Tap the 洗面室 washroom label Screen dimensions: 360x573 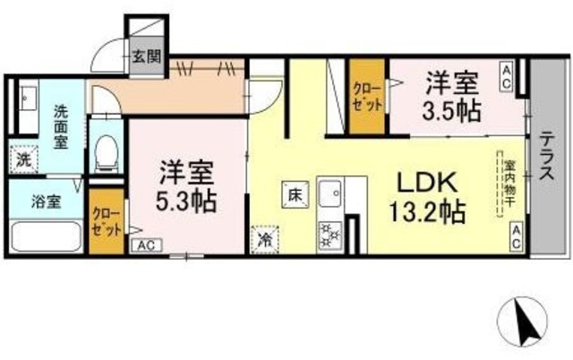point(61,125)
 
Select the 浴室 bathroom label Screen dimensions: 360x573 point(47,201)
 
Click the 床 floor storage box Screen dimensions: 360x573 point(293,192)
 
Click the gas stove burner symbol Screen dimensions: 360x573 point(329,234)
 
